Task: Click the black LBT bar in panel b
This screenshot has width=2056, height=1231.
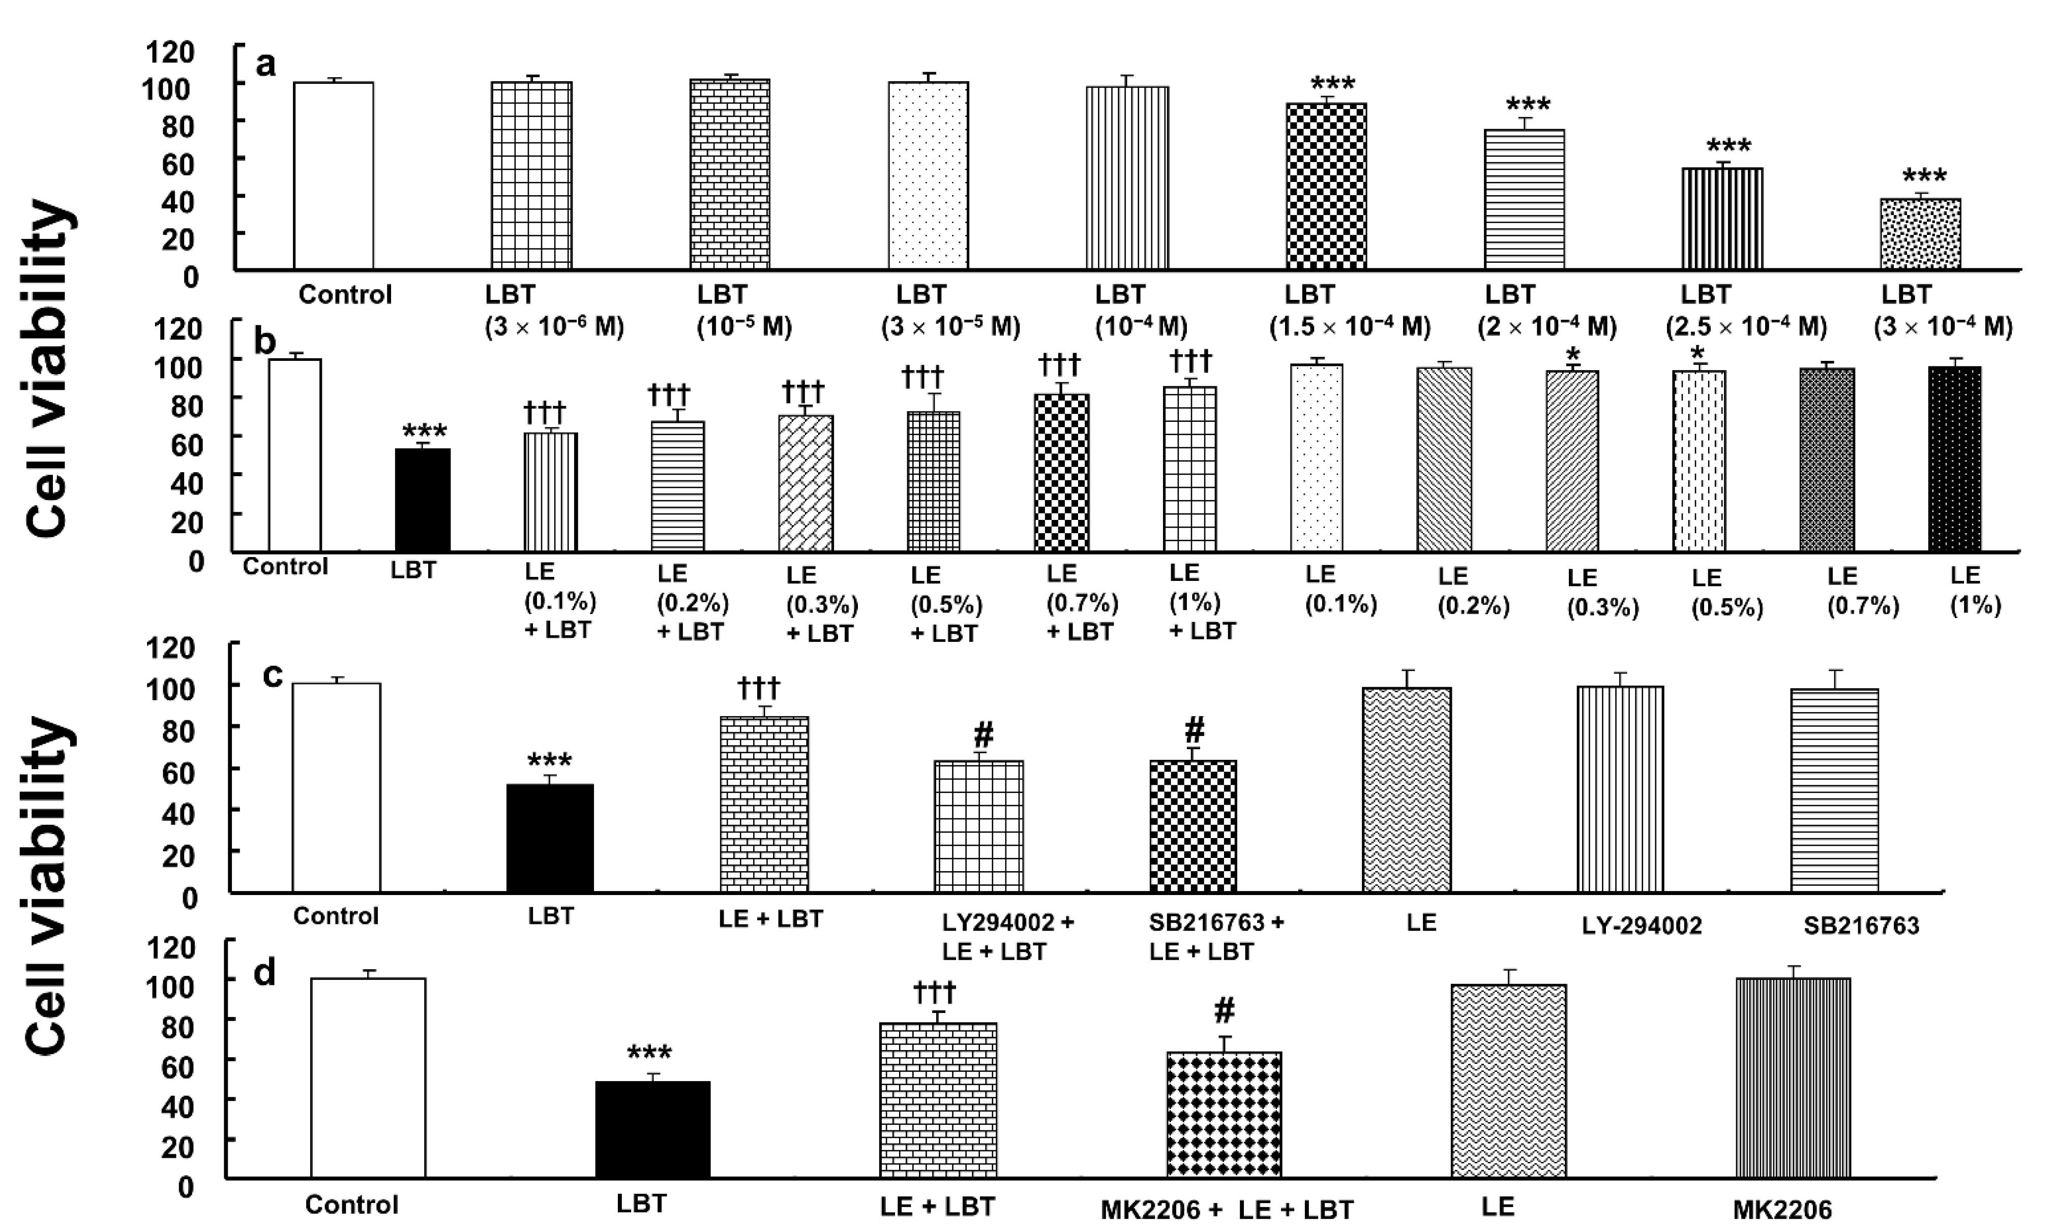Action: [422, 500]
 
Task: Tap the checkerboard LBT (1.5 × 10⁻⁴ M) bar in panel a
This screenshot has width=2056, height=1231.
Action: [1326, 186]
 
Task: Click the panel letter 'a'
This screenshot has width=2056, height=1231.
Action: [265, 64]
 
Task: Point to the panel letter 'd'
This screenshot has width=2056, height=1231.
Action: [264, 972]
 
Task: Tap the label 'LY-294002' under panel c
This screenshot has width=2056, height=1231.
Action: [1641, 926]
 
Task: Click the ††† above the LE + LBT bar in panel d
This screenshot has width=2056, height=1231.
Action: [935, 991]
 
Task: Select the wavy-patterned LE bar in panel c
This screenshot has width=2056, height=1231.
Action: [1406, 790]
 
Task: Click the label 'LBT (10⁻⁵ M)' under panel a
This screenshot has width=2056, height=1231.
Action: [743, 310]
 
